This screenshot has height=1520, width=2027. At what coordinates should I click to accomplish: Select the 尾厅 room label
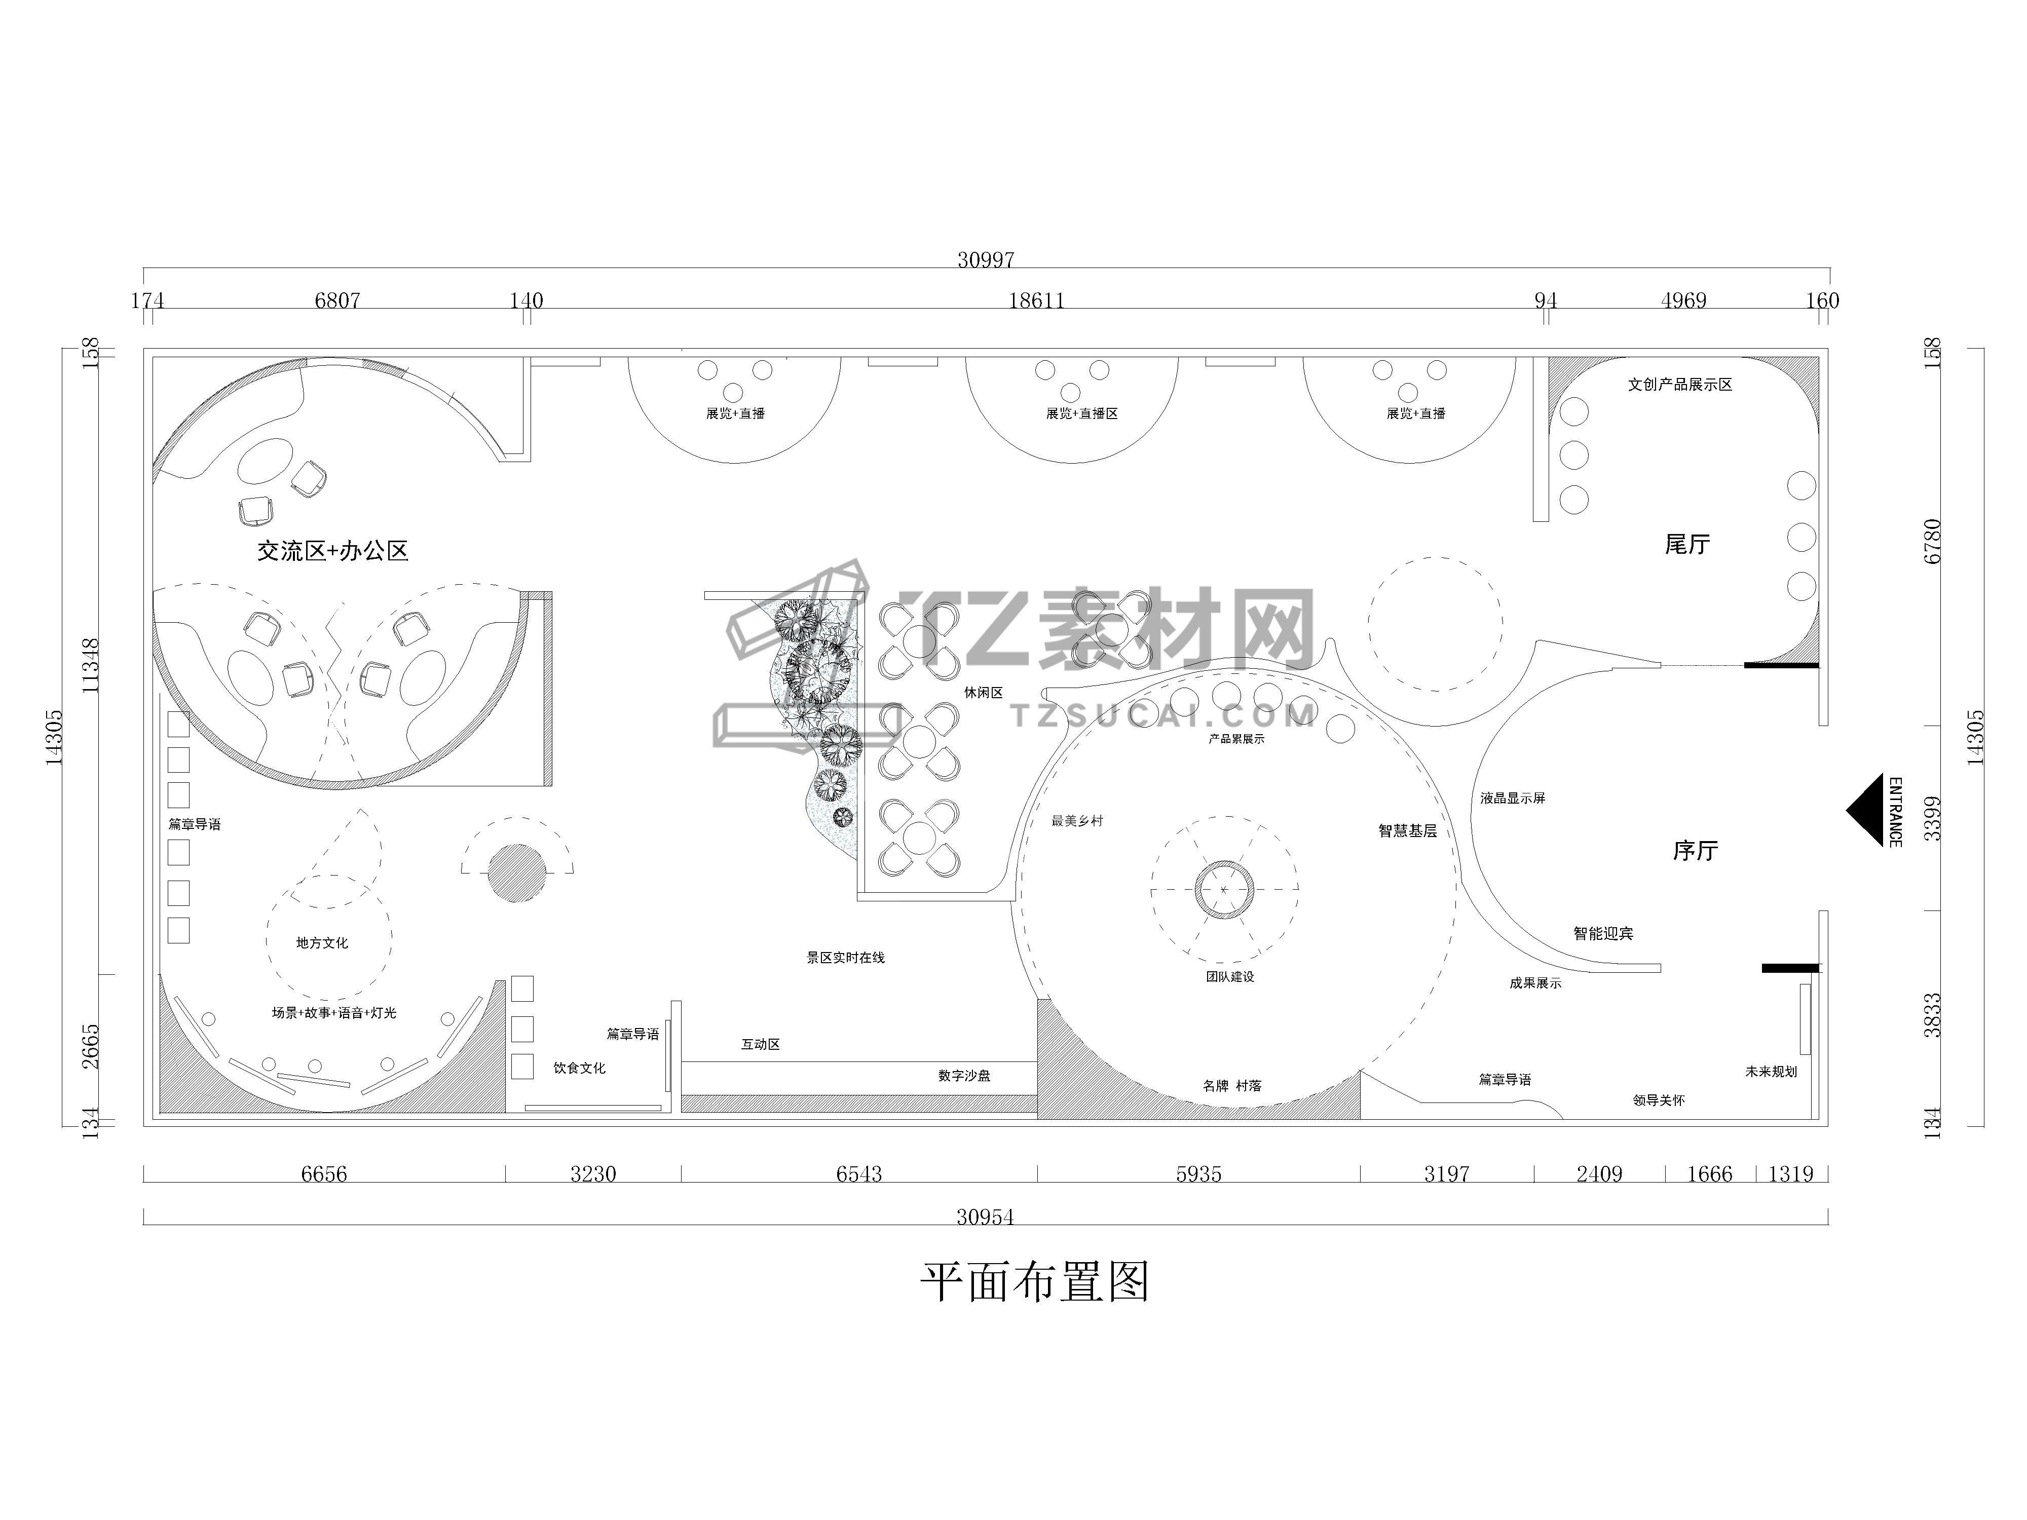pos(1687,544)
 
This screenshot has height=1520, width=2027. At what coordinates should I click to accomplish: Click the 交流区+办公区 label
pos(332,551)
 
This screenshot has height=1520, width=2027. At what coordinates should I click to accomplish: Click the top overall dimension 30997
pos(986,260)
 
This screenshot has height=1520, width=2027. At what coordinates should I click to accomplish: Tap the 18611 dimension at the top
pos(1036,300)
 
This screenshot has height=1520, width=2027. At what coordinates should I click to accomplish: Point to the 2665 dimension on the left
pos(91,1046)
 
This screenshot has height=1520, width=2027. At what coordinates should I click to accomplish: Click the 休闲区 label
pos(983,693)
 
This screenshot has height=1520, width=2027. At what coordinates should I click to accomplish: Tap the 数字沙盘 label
pos(964,1076)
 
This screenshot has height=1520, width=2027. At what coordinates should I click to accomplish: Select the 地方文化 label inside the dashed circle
pos(322,943)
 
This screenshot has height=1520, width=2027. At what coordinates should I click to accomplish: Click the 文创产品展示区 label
pos(1680,385)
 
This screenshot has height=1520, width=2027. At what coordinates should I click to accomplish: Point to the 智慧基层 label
pos(1408,831)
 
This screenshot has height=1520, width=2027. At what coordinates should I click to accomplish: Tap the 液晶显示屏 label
pos(1513,798)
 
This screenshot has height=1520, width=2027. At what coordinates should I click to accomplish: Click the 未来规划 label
pos(1771,1071)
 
